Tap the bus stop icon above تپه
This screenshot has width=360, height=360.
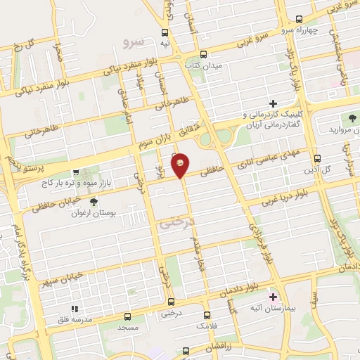point(165,32)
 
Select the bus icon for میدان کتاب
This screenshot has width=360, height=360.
point(203,53)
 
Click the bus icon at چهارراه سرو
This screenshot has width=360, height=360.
point(299,19)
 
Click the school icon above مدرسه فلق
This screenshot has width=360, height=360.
point(74,309)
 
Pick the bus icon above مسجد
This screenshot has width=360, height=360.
point(127,316)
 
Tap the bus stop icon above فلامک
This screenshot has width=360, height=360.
point(207,316)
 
